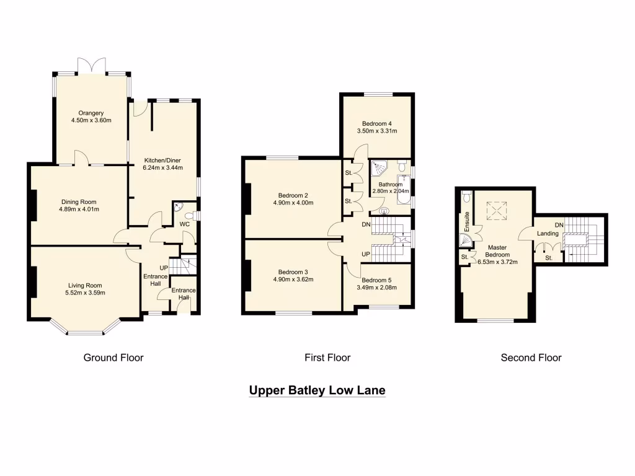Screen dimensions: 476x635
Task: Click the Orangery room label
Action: click(90, 113)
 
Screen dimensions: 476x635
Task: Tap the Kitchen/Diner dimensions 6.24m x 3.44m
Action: click(163, 167)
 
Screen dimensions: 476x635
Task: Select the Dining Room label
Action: click(79, 201)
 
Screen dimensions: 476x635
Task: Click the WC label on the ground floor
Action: click(184, 224)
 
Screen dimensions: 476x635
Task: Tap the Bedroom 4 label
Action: click(376, 123)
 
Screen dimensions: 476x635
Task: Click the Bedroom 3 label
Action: click(293, 271)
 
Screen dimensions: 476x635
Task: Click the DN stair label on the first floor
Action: click(366, 224)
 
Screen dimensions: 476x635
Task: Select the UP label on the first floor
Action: click(366, 255)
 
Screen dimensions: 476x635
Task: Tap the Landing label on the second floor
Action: click(548, 234)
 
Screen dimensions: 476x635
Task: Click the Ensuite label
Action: click(468, 219)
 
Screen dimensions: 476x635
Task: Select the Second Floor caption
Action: click(531, 358)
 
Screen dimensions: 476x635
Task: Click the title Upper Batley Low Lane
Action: click(317, 390)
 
